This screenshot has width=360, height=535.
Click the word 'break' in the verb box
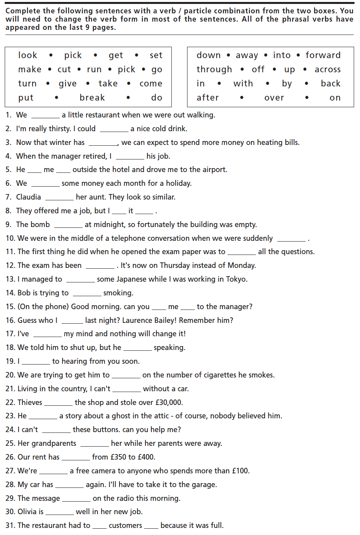click(x=92, y=97)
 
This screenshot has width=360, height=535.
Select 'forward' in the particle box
click(x=323, y=55)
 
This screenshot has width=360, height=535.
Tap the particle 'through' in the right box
click(x=214, y=70)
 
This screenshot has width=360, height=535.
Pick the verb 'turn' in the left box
click(x=27, y=84)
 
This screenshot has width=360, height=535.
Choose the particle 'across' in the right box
click(x=327, y=70)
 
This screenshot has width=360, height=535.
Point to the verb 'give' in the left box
click(x=68, y=84)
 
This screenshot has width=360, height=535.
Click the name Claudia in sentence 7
click(x=28, y=197)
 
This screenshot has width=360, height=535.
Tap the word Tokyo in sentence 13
click(x=236, y=279)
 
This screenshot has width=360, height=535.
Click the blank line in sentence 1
click(x=45, y=117)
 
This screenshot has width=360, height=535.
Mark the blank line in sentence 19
click(x=36, y=363)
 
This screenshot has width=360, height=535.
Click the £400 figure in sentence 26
click(x=146, y=457)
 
